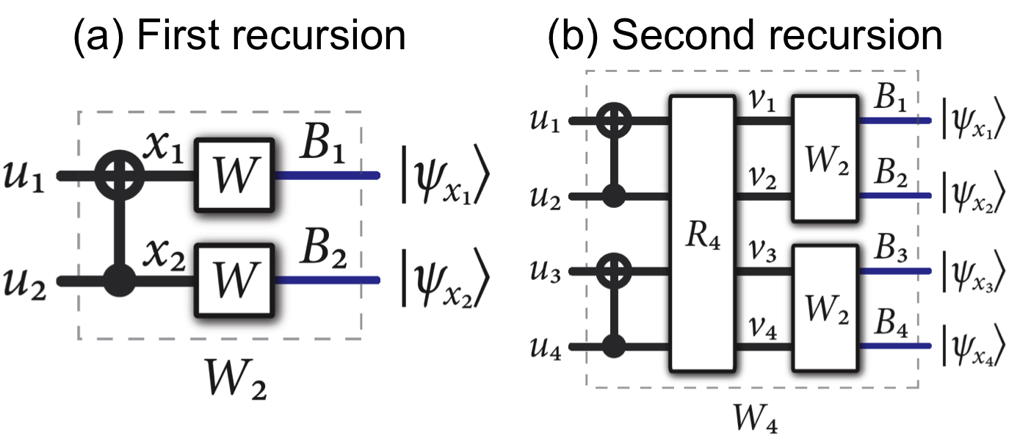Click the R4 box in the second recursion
click(x=703, y=234)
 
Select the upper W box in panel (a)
click(x=235, y=175)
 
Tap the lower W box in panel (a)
click(x=235, y=280)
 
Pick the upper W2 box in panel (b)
click(x=825, y=159)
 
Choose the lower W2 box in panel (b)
click(x=825, y=308)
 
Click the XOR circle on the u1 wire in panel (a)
click(x=120, y=175)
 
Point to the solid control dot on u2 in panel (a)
click(x=120, y=280)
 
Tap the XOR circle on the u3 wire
click(x=613, y=271)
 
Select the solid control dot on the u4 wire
click(x=613, y=347)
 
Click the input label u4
click(x=546, y=348)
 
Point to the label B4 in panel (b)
click(x=891, y=323)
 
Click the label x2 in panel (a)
click(x=164, y=256)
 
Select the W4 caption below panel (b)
click(x=756, y=417)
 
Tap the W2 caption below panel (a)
click(x=235, y=379)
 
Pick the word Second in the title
click(x=682, y=35)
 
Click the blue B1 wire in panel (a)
click(x=327, y=176)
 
